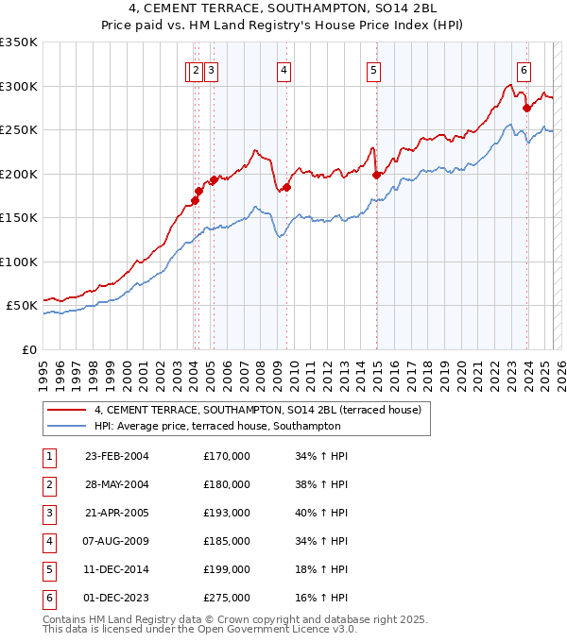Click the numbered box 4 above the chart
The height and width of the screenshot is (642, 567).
[283, 69]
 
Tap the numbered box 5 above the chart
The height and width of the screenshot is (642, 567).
[374, 69]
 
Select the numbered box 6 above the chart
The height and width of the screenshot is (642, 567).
[524, 69]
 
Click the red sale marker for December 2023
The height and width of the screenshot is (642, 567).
[526, 109]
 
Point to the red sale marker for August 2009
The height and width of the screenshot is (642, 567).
[286, 187]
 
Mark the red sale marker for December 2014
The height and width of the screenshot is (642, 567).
[376, 175]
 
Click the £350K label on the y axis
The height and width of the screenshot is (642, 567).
[19, 42]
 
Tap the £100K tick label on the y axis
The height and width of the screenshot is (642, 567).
[19, 262]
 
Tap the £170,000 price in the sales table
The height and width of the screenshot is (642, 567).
[227, 456]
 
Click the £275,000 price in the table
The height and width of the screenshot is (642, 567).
[227, 598]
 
